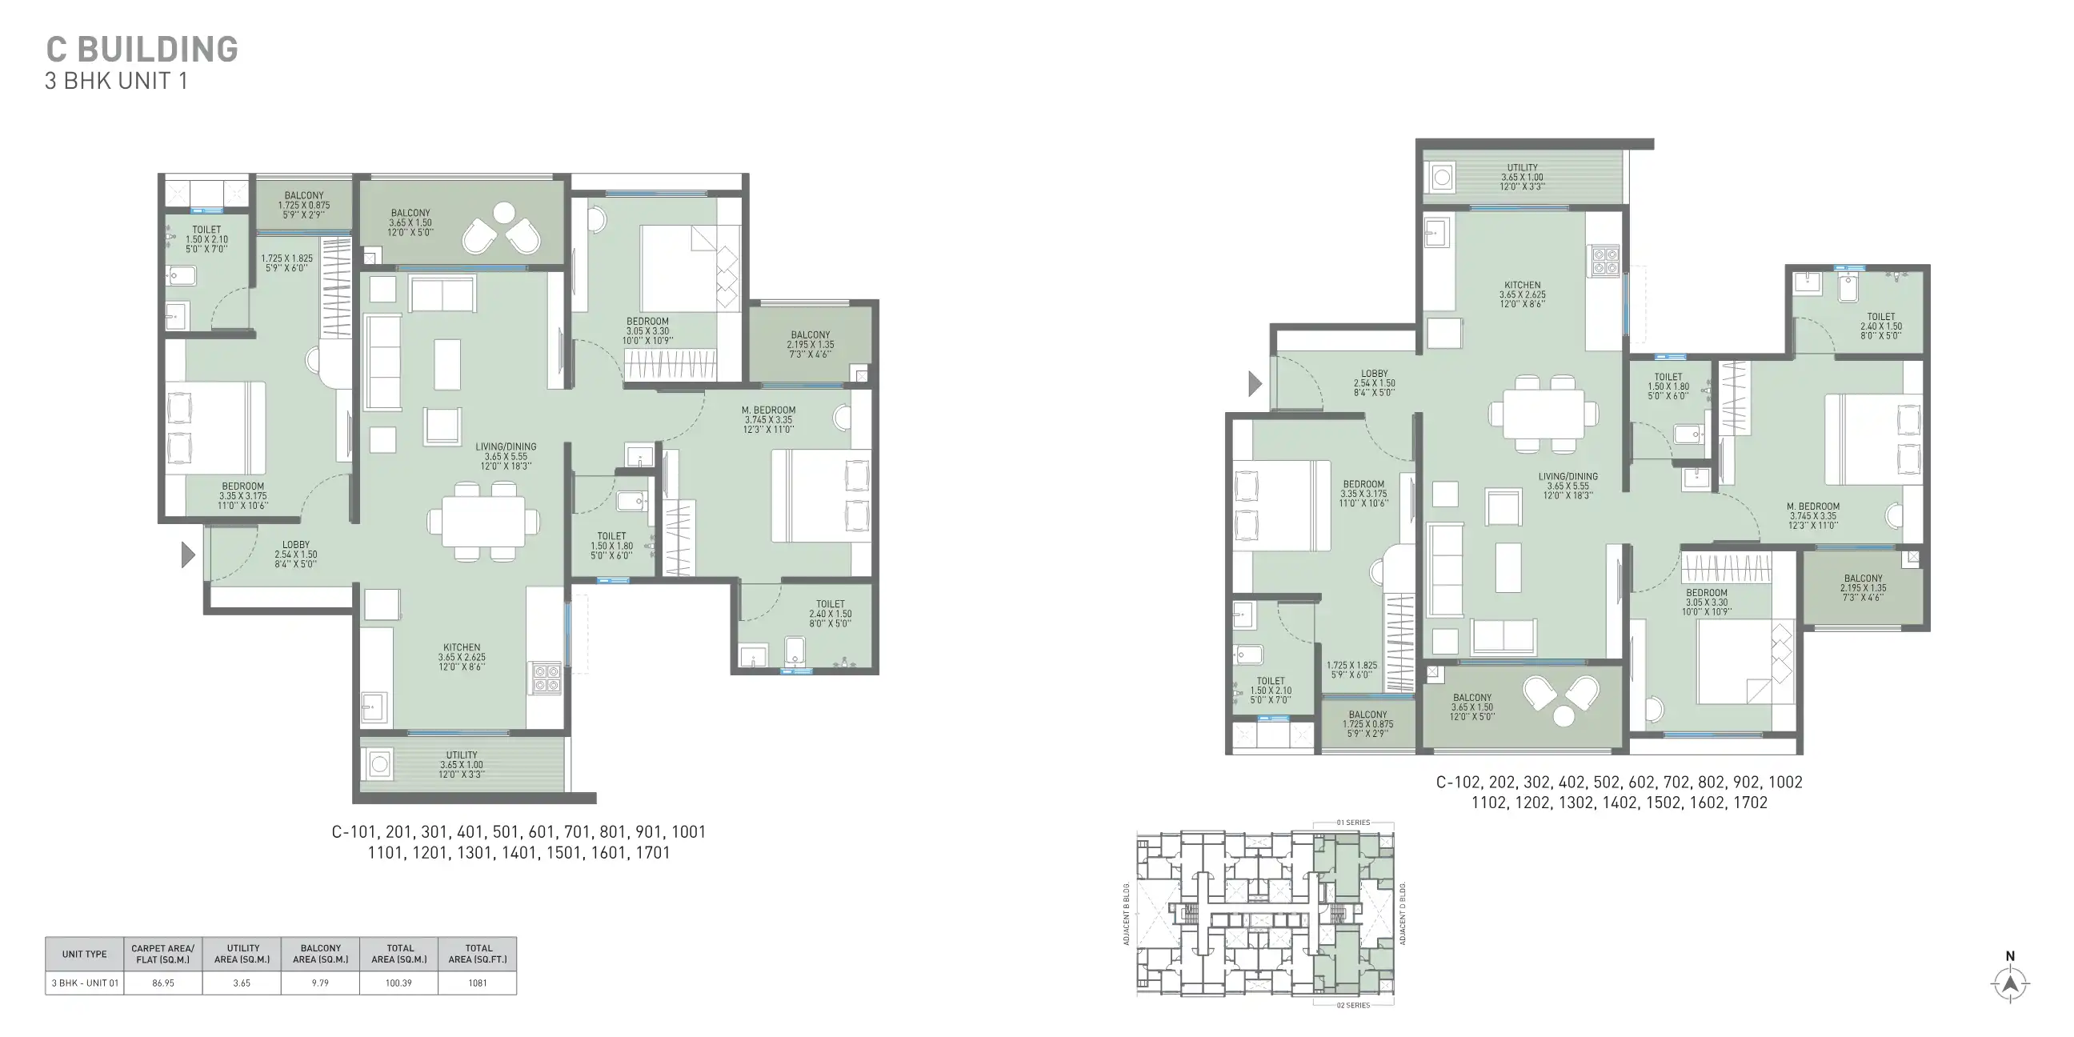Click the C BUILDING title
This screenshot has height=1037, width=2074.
coord(142,49)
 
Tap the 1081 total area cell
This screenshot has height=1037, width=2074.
coord(478,983)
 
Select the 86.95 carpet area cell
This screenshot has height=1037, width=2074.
coord(162,983)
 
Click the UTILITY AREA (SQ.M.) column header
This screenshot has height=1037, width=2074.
coord(242,953)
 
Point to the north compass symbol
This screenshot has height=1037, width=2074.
coord(2010,982)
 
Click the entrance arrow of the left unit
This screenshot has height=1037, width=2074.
coord(187,555)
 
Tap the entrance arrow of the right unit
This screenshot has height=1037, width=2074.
coord(1255,384)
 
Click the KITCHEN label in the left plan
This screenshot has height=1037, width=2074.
coord(462,647)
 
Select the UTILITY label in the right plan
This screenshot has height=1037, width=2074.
coord(1522,167)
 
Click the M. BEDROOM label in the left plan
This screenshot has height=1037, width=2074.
coord(768,410)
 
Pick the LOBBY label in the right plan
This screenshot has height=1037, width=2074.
coord(1375,374)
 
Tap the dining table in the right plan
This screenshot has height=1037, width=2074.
coord(1543,414)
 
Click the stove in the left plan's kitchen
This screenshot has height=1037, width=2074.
coord(545,678)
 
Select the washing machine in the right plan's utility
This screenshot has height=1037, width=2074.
coord(1441,176)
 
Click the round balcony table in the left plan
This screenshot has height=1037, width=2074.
coord(504,213)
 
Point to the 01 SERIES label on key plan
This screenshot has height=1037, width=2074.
coord(1353,823)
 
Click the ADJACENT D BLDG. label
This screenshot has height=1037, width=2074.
coord(1403,913)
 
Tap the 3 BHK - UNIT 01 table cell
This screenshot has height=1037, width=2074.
coord(85,983)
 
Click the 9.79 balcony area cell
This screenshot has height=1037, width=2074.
coord(320,983)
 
